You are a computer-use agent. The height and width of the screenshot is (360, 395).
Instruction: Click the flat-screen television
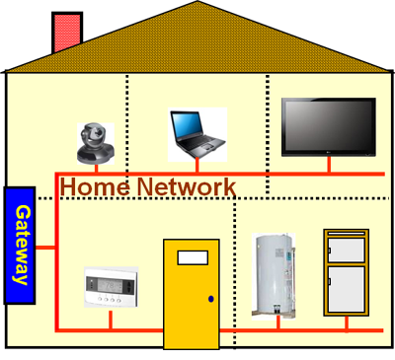[328, 125]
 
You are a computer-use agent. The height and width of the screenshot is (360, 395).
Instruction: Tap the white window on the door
[192, 258]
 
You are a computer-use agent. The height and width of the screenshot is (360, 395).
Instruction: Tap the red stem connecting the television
[329, 164]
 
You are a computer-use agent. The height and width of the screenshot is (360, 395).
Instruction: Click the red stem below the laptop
[197, 166]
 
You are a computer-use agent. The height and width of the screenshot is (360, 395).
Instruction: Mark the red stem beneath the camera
[97, 168]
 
